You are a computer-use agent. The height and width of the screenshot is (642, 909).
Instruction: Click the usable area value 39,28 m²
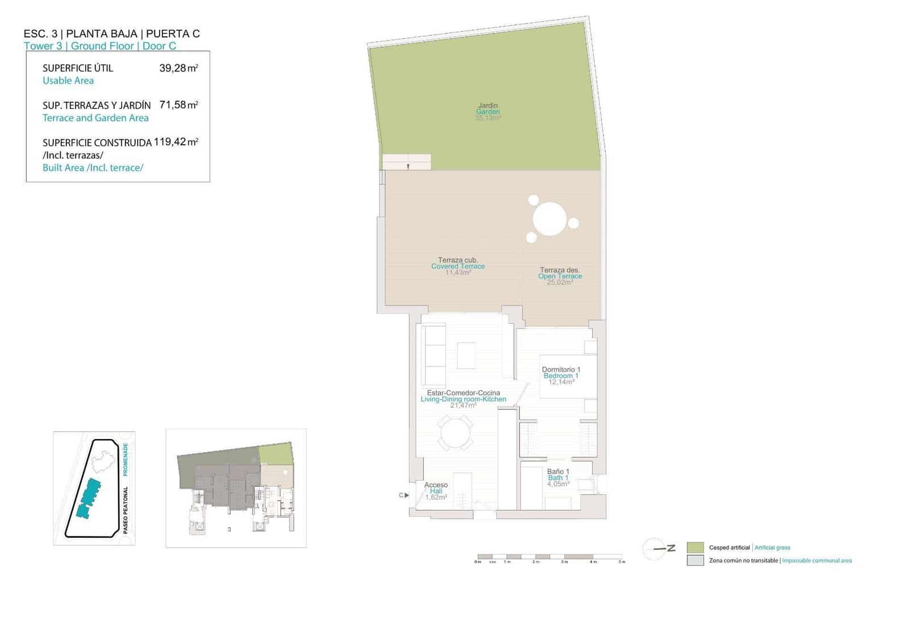pos(178,68)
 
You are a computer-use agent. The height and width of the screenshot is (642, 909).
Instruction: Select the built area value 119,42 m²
pos(176,142)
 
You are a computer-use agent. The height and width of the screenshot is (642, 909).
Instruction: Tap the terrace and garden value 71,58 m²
pos(178,105)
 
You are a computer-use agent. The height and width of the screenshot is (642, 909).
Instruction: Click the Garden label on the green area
pos(488,111)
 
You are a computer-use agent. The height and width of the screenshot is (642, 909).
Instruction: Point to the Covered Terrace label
pos(458,266)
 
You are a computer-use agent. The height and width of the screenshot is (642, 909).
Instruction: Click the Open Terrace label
pos(560,276)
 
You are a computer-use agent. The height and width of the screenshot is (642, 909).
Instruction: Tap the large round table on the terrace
pos(550,219)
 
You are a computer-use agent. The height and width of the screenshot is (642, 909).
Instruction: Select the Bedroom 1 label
pos(561,376)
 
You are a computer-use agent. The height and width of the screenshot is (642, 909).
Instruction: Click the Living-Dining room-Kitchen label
pos(463,399)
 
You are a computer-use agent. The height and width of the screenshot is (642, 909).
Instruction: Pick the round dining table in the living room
pos(456,433)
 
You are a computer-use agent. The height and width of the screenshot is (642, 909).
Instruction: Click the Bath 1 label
pos(558,478)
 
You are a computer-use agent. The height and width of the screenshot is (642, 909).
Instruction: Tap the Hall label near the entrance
pos(436,491)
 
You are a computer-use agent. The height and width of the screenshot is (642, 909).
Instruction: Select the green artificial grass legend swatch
pos(695,548)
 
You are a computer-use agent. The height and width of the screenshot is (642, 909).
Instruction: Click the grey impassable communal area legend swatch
pos(695,560)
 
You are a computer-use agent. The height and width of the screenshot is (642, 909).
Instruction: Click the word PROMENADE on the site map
pos(126,459)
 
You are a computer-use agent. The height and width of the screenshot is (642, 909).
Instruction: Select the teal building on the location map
pos(89,498)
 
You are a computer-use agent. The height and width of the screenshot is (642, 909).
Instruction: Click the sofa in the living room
pos(435,355)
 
